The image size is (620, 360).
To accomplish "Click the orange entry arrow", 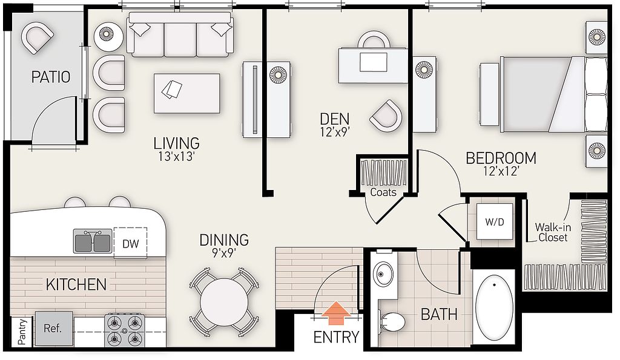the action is click(335, 310).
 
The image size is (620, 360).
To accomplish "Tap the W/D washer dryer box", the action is click(495, 221).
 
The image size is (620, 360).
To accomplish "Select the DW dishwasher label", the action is click(131, 243).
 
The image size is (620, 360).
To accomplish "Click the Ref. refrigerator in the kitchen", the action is click(54, 329).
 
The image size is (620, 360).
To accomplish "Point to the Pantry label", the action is click(22, 332).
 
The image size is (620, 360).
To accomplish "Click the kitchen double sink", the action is click(93, 241).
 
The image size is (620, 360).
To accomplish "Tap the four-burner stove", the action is click(125, 330).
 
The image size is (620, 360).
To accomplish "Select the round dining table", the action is click(224, 303).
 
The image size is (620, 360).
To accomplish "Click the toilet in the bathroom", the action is click(391, 321).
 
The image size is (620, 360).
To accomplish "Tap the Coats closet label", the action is click(383, 192).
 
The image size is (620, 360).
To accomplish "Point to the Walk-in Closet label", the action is click(553, 232).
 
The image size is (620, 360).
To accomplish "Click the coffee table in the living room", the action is click(186, 93).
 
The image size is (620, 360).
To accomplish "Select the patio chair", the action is click(37, 37).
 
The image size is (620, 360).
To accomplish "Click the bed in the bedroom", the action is click(543, 94).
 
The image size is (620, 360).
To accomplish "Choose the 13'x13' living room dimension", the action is click(176, 157).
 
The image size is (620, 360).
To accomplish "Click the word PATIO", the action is click(51, 77).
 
